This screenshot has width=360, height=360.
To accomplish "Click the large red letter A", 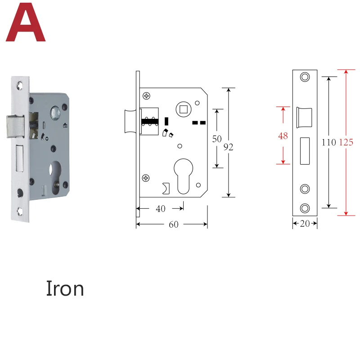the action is [26, 23].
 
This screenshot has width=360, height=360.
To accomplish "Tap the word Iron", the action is [65, 288].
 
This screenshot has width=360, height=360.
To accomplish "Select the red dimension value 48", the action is [283, 136].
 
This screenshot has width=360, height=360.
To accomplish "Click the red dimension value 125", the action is [346, 142].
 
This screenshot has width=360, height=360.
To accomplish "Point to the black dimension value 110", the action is [329, 142].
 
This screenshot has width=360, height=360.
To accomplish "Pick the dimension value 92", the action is [228, 147].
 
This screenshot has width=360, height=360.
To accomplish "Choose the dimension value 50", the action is [217, 139].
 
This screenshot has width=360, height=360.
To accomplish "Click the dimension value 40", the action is [161, 209].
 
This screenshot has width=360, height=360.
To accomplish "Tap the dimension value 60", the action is [174, 225].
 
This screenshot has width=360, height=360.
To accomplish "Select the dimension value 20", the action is [305, 224].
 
